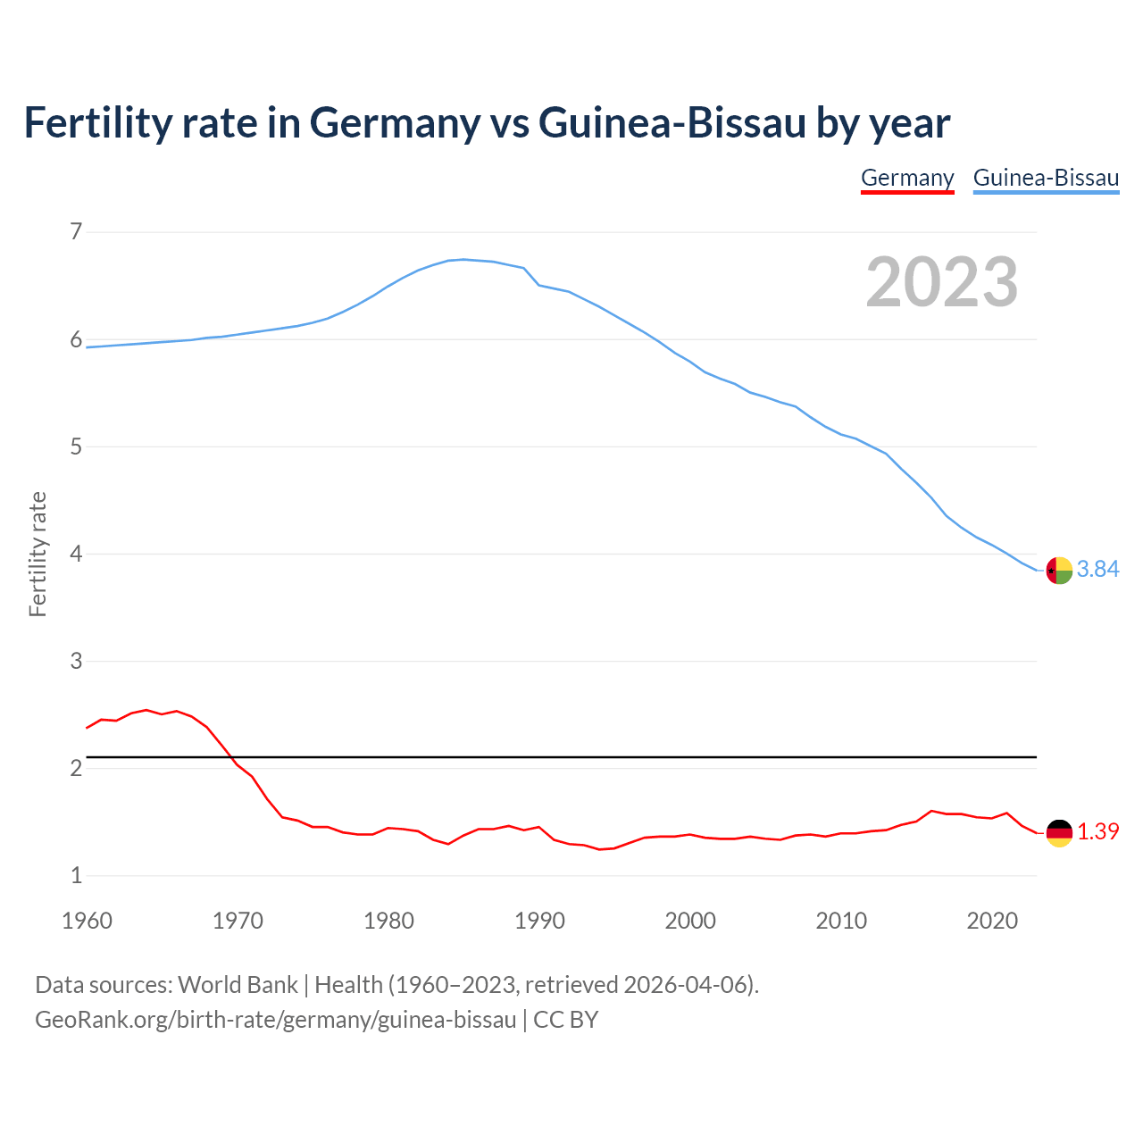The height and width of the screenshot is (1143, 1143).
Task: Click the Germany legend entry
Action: tap(907, 178)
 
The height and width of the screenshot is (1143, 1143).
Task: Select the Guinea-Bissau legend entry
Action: tap(1046, 178)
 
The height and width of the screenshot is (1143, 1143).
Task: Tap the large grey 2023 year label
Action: tap(942, 282)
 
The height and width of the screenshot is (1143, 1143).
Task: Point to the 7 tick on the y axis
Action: tap(76, 232)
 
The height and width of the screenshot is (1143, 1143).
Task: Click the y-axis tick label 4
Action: tap(76, 554)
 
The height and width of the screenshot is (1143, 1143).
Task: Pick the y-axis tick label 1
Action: tap(76, 875)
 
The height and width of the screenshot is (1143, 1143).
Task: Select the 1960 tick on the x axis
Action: tap(87, 921)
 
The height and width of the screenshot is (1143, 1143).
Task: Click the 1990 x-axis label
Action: tap(539, 921)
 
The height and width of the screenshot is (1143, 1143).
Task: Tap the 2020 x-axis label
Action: tap(992, 921)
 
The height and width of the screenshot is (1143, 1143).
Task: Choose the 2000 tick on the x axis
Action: tap(690, 921)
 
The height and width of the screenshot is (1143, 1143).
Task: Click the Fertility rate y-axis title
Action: tap(38, 554)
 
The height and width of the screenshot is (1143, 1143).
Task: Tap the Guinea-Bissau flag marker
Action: tap(1059, 570)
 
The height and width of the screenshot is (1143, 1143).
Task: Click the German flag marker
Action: tap(1059, 832)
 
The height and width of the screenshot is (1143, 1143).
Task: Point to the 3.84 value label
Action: tap(1097, 570)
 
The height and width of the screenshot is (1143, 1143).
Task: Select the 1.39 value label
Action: tap(1097, 832)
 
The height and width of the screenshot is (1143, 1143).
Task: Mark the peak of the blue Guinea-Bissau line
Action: tap(463, 259)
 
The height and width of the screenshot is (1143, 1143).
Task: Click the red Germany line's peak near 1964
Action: tap(146, 710)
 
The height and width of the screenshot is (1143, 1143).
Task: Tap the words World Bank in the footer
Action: tap(238, 985)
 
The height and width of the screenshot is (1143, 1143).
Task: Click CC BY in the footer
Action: tap(565, 1020)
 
